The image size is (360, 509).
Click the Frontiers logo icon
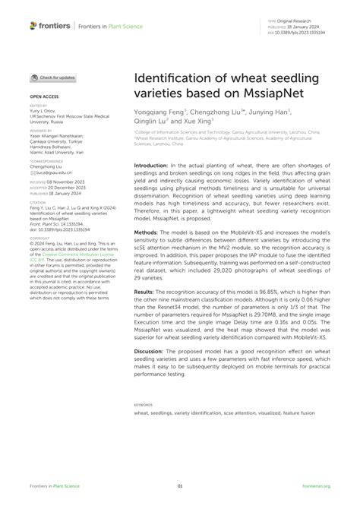point(33,26)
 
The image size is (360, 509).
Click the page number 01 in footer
point(180,486)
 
